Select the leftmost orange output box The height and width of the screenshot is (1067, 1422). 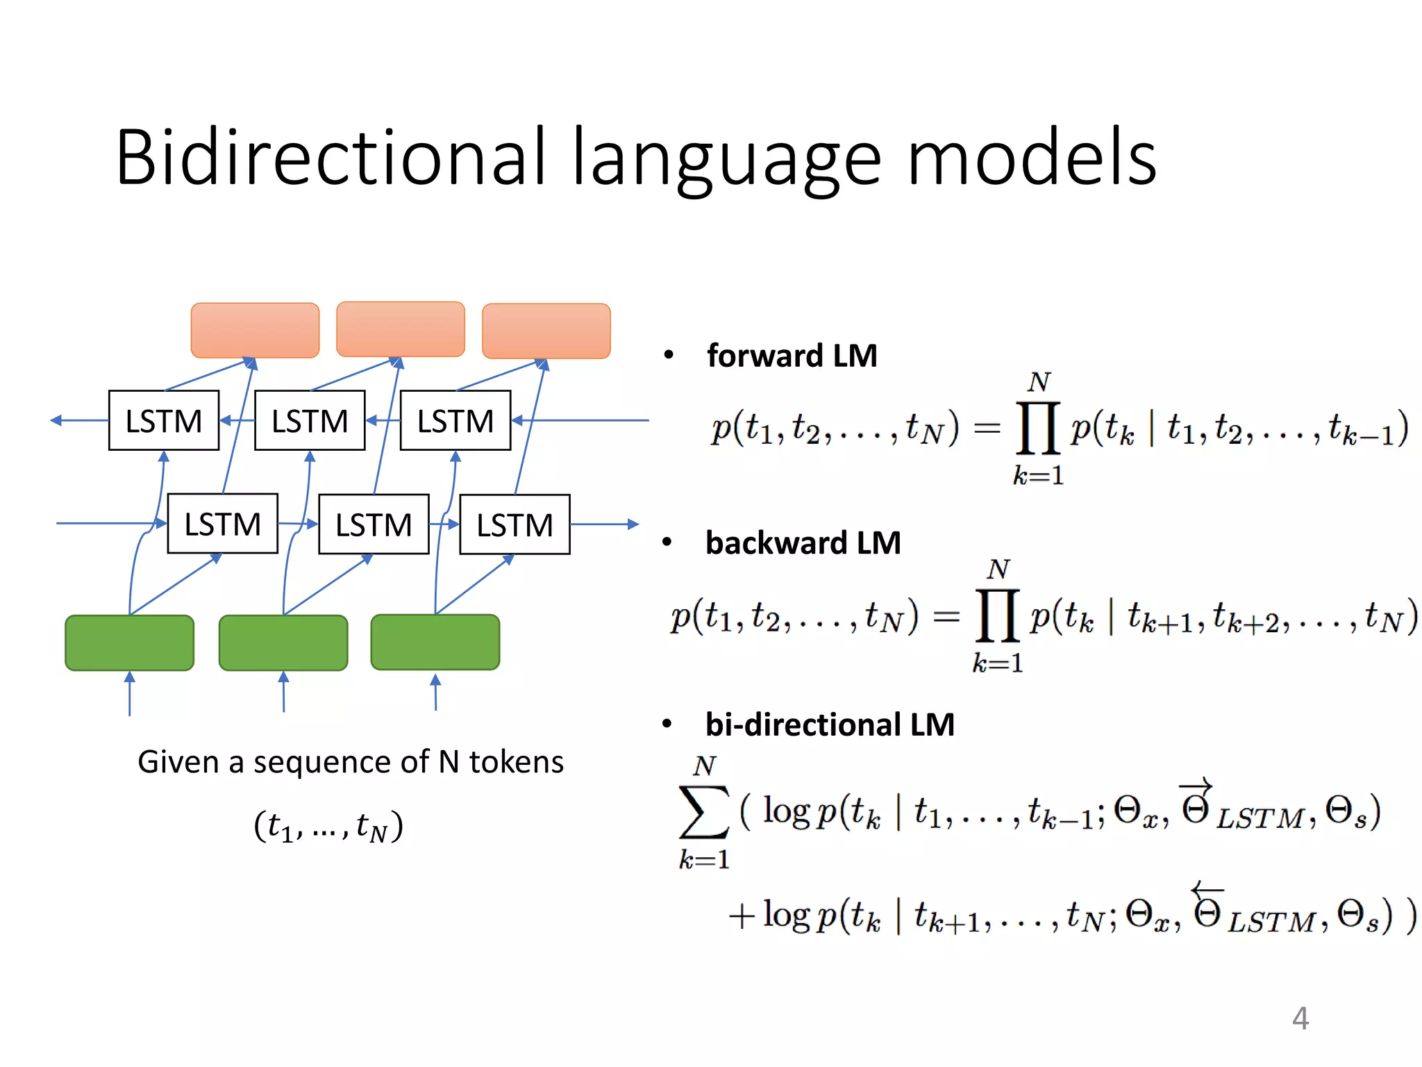coord(255,331)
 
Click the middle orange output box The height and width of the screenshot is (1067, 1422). coord(401,329)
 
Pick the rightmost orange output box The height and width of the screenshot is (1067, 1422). coord(546,331)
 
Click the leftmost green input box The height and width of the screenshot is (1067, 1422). coord(129,643)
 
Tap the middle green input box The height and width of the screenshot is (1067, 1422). coord(283,643)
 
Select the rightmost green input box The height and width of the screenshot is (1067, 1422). coord(435,642)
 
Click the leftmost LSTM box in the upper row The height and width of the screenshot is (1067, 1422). coord(164,420)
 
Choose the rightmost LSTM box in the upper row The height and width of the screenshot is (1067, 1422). coord(455,420)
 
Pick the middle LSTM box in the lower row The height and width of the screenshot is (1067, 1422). coord(374,524)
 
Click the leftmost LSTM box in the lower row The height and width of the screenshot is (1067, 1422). coord(223,524)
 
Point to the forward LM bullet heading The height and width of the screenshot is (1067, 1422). coord(792,356)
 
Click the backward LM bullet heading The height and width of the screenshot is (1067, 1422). coord(803,543)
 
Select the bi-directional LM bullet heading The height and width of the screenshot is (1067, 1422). coord(830,725)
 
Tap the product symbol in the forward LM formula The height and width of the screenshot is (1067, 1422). coord(1038,427)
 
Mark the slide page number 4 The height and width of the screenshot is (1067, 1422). coord(1300,1018)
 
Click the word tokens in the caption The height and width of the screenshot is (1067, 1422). coord(517,762)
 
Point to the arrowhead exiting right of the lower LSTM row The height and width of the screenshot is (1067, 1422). coord(633,524)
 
